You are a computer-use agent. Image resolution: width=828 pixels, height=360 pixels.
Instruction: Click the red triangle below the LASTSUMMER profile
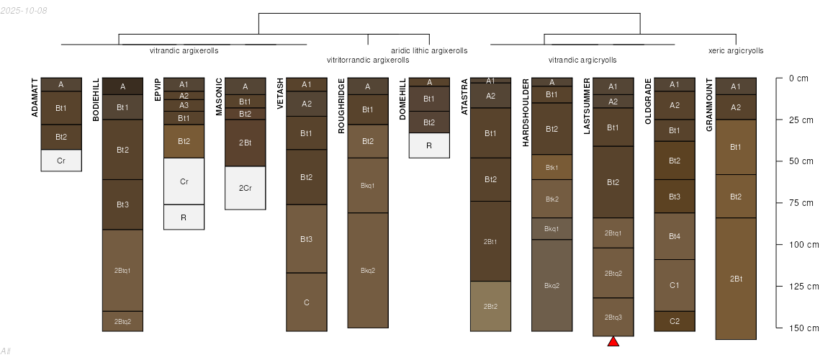pyautogui.click(x=613, y=341)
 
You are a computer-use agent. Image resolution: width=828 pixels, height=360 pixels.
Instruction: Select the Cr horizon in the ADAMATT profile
pyautogui.click(x=61, y=161)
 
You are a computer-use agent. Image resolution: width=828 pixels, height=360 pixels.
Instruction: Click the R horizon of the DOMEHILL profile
pyautogui.click(x=429, y=145)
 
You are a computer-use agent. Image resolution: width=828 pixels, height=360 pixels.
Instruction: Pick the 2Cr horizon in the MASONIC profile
pyautogui.click(x=245, y=188)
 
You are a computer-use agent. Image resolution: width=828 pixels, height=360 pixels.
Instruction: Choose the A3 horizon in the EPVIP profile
pyautogui.click(x=184, y=105)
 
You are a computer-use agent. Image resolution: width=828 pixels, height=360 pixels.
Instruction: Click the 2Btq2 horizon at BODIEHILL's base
pyautogui.click(x=122, y=321)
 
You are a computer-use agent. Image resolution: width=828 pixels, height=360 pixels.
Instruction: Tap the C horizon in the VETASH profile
pyautogui.click(x=307, y=302)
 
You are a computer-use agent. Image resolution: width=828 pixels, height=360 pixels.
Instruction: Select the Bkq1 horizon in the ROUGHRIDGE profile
pyautogui.click(x=368, y=185)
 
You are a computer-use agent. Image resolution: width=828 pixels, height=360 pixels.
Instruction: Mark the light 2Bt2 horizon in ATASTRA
pyautogui.click(x=490, y=306)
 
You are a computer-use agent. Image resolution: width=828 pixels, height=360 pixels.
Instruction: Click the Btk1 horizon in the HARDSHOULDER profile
pyautogui.click(x=552, y=167)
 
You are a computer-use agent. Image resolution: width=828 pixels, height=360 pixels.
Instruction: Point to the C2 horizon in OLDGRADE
pyautogui.click(x=675, y=321)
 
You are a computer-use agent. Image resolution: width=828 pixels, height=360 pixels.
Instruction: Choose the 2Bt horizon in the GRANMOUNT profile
pyautogui.click(x=736, y=279)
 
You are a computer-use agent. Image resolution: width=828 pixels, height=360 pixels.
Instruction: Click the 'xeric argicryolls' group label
pyautogui.click(x=736, y=50)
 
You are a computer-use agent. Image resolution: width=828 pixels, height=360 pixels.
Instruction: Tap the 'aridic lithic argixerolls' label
pyautogui.click(x=429, y=50)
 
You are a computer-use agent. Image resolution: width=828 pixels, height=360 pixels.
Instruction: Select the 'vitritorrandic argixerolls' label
pyautogui.click(x=368, y=60)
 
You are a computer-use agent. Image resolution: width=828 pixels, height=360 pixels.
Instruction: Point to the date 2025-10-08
pyautogui.click(x=24, y=10)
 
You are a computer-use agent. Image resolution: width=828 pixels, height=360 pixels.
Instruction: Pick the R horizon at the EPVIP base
pyautogui.click(x=184, y=217)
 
